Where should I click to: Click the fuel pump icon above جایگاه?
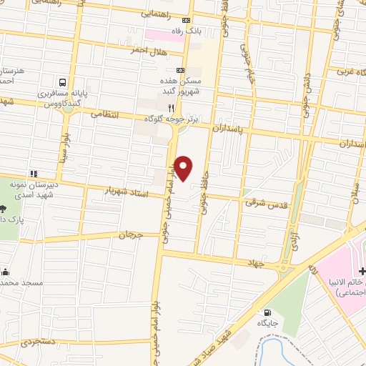(267, 312)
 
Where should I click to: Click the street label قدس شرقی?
(265, 203)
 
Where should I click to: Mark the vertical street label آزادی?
(293, 240)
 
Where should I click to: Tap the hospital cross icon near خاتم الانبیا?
(362, 272)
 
